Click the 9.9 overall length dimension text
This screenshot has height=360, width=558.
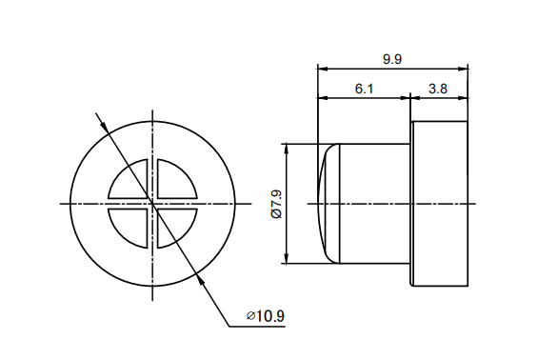[x=392, y=59]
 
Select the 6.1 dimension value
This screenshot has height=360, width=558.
[x=364, y=88]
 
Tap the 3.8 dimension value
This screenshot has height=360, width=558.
[x=438, y=88]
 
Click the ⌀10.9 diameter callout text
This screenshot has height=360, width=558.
[x=265, y=315]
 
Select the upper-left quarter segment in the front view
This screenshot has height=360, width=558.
[x=130, y=182]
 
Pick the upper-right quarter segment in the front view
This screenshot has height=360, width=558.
[x=174, y=182]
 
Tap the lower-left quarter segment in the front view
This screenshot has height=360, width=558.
[x=130, y=225]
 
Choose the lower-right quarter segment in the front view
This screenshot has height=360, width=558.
[x=174, y=225]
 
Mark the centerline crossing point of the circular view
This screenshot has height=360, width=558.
[x=152, y=203]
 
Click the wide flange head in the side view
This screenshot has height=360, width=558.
[x=439, y=203]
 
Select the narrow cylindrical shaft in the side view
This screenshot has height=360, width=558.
[x=374, y=203]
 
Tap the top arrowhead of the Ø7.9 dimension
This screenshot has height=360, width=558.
[x=287, y=149]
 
